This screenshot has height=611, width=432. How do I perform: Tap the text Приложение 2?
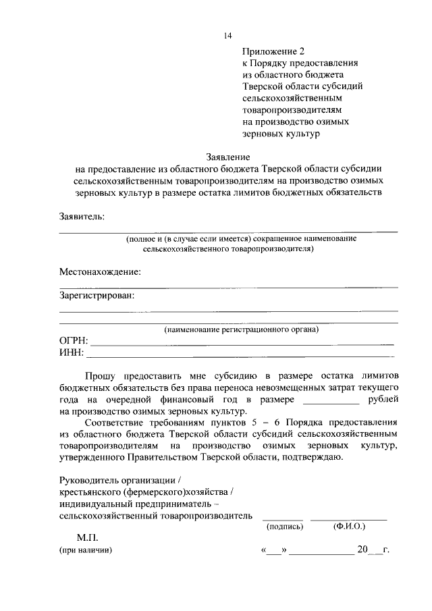(x=274, y=51)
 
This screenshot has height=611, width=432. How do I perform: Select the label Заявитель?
(x=82, y=217)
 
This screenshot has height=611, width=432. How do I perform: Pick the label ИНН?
(x=71, y=352)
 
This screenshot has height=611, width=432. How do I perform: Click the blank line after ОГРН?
(x=243, y=344)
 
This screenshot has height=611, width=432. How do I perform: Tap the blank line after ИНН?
(x=240, y=355)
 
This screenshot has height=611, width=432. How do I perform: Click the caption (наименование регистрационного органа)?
(x=242, y=329)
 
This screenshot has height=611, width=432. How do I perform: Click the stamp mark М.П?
(x=87, y=538)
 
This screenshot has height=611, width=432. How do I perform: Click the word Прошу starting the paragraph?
(x=99, y=375)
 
